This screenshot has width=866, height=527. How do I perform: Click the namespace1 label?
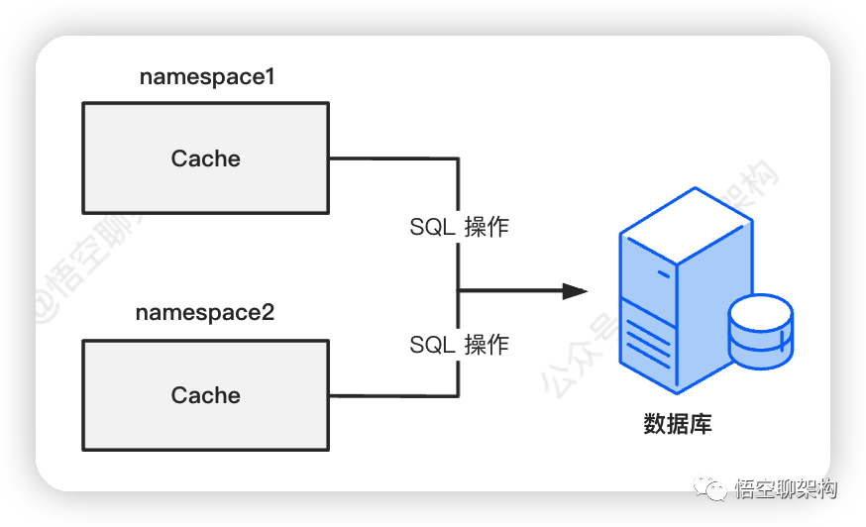206,77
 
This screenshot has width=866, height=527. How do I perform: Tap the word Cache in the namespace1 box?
205,158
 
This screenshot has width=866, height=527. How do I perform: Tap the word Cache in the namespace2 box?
205,395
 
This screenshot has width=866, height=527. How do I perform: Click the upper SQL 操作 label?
459,227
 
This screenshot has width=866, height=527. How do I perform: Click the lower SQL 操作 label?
459,345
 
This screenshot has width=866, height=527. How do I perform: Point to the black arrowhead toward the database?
575,291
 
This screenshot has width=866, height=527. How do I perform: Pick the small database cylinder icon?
760,332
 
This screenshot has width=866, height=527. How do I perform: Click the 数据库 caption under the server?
678,424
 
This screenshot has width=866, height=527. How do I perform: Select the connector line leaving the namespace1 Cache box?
392,158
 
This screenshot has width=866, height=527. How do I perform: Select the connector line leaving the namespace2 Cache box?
392,395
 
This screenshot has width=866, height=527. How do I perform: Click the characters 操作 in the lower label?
487,345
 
